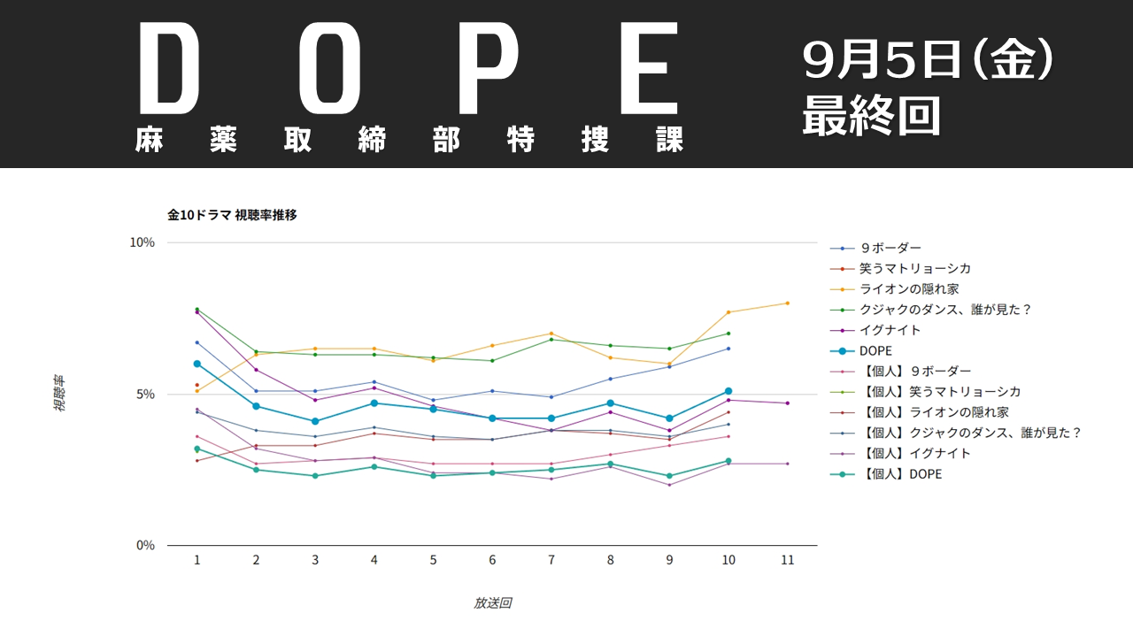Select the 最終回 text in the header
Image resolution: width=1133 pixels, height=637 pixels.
(871, 117)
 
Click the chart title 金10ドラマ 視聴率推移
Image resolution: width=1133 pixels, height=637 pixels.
(232, 215)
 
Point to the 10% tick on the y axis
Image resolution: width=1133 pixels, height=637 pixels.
(143, 242)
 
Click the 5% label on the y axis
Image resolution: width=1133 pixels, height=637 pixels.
(145, 394)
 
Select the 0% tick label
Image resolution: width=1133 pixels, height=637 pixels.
(145, 545)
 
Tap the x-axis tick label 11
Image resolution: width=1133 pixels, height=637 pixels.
(787, 561)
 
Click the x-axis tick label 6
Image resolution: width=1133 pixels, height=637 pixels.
(492, 561)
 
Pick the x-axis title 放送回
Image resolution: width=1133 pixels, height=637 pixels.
(492, 603)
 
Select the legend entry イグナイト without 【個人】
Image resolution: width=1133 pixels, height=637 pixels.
(890, 330)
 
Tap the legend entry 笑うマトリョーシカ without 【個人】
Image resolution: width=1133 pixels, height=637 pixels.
(915, 269)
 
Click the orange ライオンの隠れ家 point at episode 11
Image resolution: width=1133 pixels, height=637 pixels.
(787, 303)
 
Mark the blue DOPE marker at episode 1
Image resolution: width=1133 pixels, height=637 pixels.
(197, 364)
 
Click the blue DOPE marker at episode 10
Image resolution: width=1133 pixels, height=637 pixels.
(728, 391)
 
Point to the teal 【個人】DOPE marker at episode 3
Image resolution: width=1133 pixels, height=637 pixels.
(315, 476)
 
